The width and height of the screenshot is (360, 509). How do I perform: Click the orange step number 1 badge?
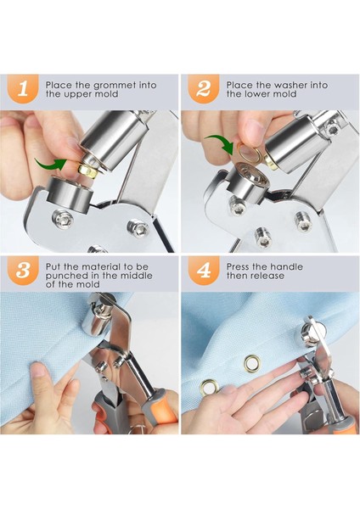[x=22, y=88]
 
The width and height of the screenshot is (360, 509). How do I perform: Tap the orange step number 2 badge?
[x=204, y=88]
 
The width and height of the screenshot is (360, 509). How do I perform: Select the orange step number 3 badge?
[x=22, y=270]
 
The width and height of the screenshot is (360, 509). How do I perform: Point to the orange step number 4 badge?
[x=204, y=270]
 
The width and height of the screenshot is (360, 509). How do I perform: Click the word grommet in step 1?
[x=115, y=86]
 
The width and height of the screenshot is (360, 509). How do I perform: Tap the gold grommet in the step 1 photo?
[x=87, y=171]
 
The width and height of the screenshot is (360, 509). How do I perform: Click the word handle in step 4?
[x=286, y=267]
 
